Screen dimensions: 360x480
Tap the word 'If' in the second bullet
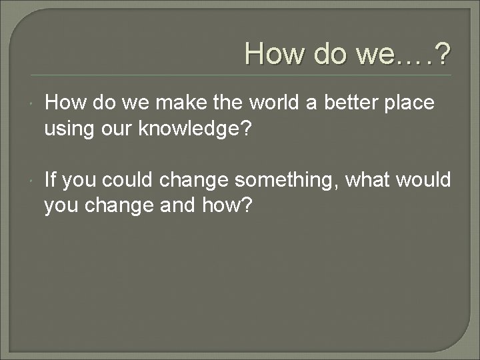pos(51,180)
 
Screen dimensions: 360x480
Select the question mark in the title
pos(441,54)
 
